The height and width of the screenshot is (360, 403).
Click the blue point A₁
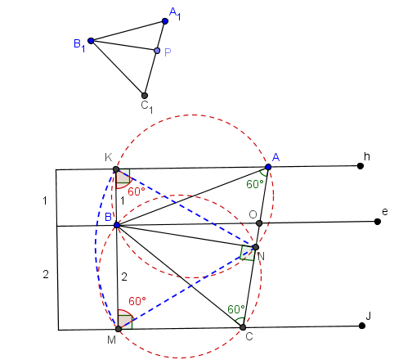165,21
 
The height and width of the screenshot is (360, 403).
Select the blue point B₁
91,41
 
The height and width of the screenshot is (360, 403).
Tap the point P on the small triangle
157,51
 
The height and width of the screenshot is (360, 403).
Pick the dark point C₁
145,96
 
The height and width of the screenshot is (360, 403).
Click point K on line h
116,169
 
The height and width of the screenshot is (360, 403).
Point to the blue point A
268,167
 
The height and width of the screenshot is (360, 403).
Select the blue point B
117,225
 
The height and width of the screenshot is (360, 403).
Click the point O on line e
259,223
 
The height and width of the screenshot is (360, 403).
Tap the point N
256,247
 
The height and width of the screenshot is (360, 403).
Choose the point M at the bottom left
119,329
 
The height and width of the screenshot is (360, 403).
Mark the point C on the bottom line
243,327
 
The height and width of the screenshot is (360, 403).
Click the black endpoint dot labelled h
360,166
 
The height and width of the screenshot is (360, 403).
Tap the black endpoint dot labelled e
378,222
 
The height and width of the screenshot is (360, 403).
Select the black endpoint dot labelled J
362,326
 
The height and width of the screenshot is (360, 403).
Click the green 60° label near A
255,184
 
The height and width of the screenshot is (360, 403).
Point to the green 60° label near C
236,309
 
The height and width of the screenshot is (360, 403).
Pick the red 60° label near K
137,191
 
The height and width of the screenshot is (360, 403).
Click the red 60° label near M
137,301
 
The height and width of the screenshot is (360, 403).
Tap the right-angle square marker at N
247,253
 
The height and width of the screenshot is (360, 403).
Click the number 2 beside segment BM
124,277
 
